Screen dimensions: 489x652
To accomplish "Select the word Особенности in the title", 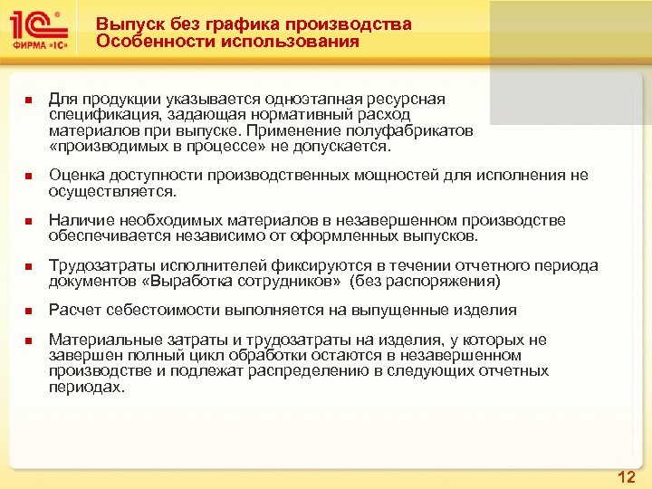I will (150, 42).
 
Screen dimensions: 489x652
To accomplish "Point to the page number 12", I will (626, 477).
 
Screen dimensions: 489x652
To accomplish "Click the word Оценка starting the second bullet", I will (74, 175).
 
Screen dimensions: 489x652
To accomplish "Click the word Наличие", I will (78, 220).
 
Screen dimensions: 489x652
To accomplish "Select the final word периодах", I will (85, 387).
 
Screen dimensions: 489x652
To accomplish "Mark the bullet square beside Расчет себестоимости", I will (28, 312).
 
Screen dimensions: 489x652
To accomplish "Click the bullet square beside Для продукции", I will (28, 100).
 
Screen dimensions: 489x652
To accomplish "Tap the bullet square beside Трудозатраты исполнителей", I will (28, 266).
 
